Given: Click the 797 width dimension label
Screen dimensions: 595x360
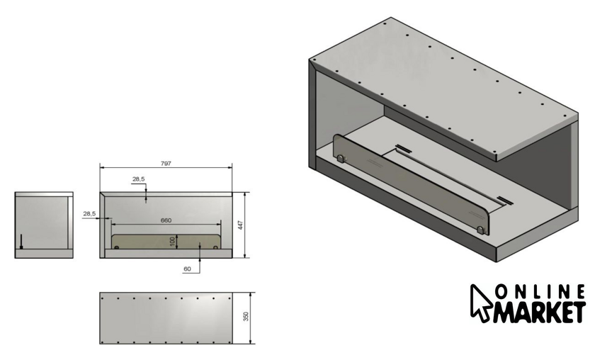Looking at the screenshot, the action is (x=166, y=163).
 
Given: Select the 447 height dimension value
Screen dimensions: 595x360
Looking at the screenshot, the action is (x=240, y=225).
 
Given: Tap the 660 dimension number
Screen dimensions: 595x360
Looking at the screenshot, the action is (x=166, y=220).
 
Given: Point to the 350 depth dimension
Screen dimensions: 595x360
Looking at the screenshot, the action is (x=246, y=316).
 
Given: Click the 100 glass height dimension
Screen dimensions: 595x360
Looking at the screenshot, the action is (x=173, y=242).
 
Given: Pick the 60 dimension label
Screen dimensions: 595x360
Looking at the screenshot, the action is (x=187, y=269).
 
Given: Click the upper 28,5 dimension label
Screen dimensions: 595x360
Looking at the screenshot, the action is (x=139, y=179).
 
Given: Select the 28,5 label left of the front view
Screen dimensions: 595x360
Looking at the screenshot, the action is (x=89, y=214).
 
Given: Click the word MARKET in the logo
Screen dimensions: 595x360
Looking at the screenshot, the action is (x=539, y=313).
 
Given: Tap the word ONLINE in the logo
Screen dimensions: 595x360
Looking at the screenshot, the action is (x=540, y=292).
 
